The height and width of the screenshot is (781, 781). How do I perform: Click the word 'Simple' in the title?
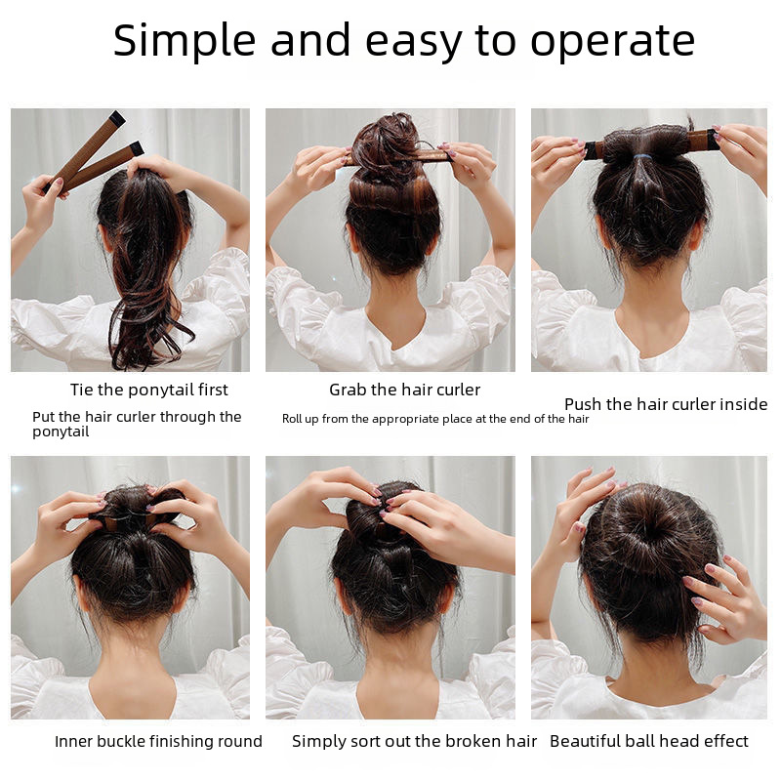tap(185, 41)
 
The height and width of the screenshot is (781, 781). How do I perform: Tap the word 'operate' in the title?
tap(613, 42)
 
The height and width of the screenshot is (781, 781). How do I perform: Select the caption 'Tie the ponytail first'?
tap(149, 390)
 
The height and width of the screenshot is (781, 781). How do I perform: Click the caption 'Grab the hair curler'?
tap(404, 390)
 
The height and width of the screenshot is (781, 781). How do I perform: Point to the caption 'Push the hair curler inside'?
tap(666, 404)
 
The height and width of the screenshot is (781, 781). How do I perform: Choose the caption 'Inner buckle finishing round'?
tap(158, 741)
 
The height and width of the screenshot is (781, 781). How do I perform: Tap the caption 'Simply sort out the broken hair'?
tap(414, 741)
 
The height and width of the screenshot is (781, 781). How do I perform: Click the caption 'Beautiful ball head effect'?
tap(649, 741)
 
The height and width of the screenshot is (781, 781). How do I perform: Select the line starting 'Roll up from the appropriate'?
tap(435, 419)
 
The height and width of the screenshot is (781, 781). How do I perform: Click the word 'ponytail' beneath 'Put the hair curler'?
tap(61, 432)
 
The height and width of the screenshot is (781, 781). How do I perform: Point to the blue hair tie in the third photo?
tap(639, 157)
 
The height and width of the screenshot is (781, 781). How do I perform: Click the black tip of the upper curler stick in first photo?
tap(117, 117)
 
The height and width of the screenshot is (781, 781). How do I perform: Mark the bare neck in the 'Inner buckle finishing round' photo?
tap(131, 655)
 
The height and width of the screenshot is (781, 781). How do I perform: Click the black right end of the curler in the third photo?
tap(714, 141)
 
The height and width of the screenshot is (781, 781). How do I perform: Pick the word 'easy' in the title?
tap(414, 44)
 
